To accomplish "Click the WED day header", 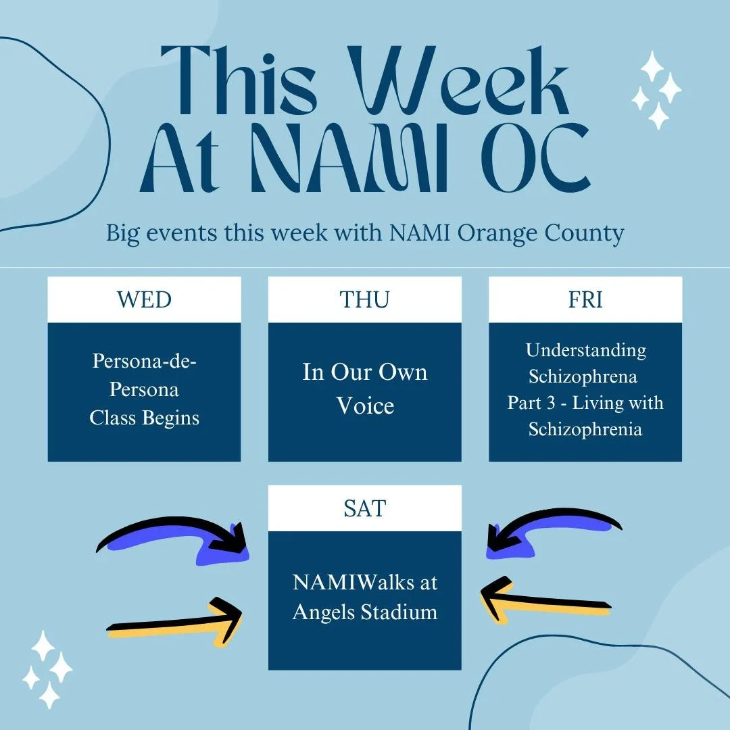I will tap(144, 299).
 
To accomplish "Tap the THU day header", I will tap(364, 299).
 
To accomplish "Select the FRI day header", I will tap(585, 299).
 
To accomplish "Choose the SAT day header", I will tap(364, 508).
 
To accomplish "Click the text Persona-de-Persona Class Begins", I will tap(144, 389).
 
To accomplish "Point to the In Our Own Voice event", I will tap(364, 389).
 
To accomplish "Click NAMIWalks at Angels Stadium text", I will tap(364, 598).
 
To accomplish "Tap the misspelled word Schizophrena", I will tap(583, 376).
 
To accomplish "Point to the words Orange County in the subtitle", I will tap(541, 234).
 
